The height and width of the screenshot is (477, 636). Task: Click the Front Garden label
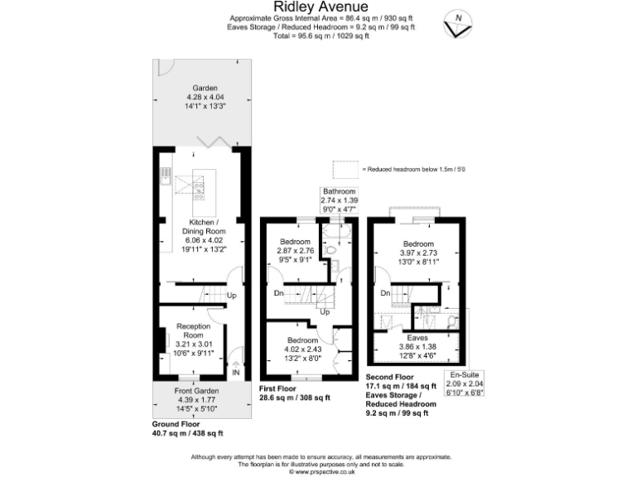(x=195, y=390)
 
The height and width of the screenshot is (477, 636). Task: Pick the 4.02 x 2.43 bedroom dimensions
(x=303, y=349)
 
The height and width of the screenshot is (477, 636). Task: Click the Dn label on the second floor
(x=386, y=293)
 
